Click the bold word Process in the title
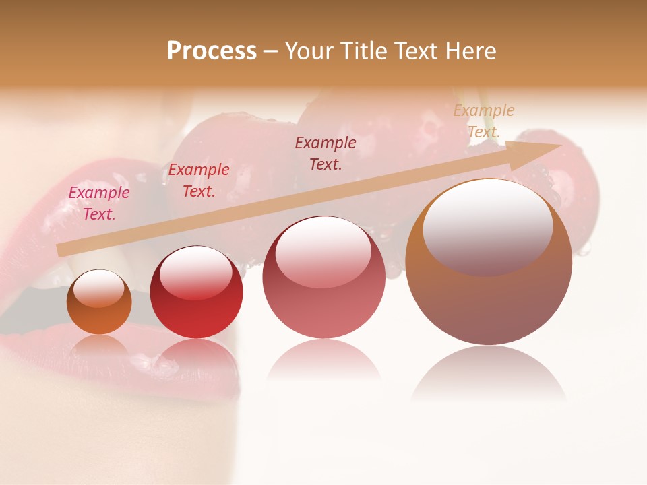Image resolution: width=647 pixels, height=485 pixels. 212,51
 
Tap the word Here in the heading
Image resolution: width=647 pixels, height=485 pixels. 471,51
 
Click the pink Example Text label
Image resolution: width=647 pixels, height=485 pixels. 99,203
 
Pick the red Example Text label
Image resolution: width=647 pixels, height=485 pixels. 199,181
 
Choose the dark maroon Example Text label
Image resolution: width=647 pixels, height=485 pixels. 326,153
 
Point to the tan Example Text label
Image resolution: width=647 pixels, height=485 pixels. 484,121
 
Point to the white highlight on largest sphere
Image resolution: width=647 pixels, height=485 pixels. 488,226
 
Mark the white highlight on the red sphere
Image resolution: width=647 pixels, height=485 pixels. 196,272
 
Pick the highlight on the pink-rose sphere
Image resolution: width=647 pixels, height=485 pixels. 323,253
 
